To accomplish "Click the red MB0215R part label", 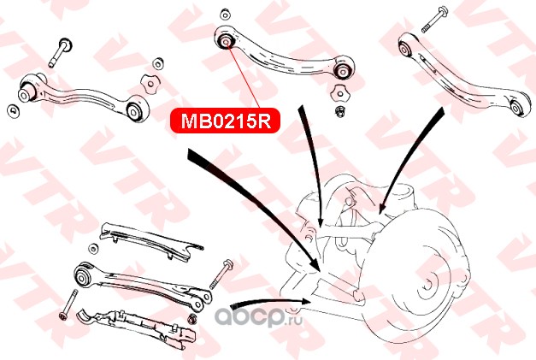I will coord(225,121).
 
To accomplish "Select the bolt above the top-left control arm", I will coord(62,51).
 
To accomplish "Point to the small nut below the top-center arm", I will coord(341,110).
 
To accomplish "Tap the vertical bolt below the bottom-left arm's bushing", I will coord(69,304).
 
